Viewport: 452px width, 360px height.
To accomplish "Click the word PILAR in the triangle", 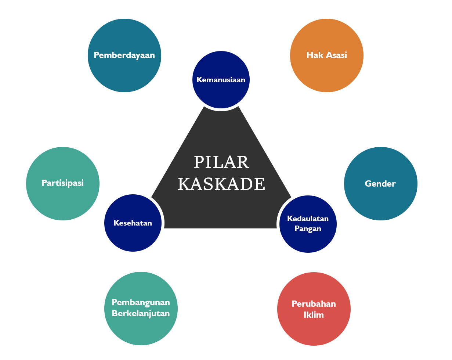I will (x=221, y=162).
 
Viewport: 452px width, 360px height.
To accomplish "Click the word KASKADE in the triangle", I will (x=221, y=184).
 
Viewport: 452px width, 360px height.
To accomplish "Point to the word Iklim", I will (x=314, y=315).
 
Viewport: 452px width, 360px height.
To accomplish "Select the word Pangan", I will (x=308, y=228).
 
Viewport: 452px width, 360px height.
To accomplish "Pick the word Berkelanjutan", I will (x=141, y=313).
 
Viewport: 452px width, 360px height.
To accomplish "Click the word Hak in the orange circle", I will (x=313, y=55).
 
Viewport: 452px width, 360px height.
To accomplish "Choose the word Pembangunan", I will (x=141, y=302).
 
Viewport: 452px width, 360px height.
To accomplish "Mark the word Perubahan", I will (x=314, y=304).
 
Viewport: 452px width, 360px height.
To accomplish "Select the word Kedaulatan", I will (x=308, y=219).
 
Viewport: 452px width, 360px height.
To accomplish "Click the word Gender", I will (x=380, y=184).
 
